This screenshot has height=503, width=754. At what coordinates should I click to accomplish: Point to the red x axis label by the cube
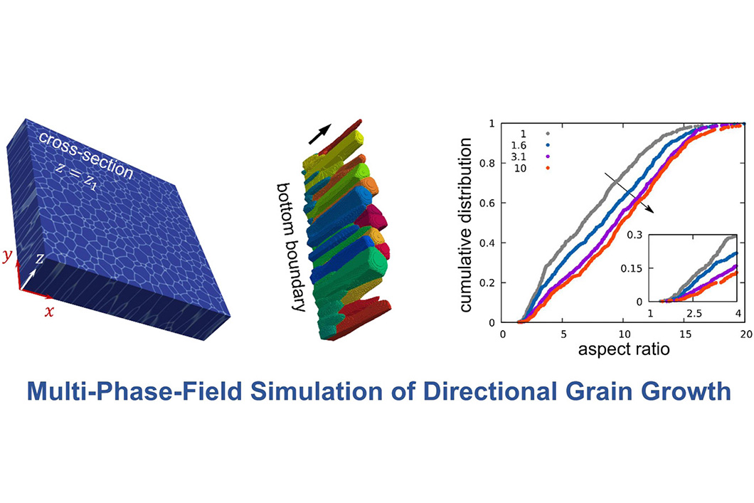[x=48, y=312]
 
